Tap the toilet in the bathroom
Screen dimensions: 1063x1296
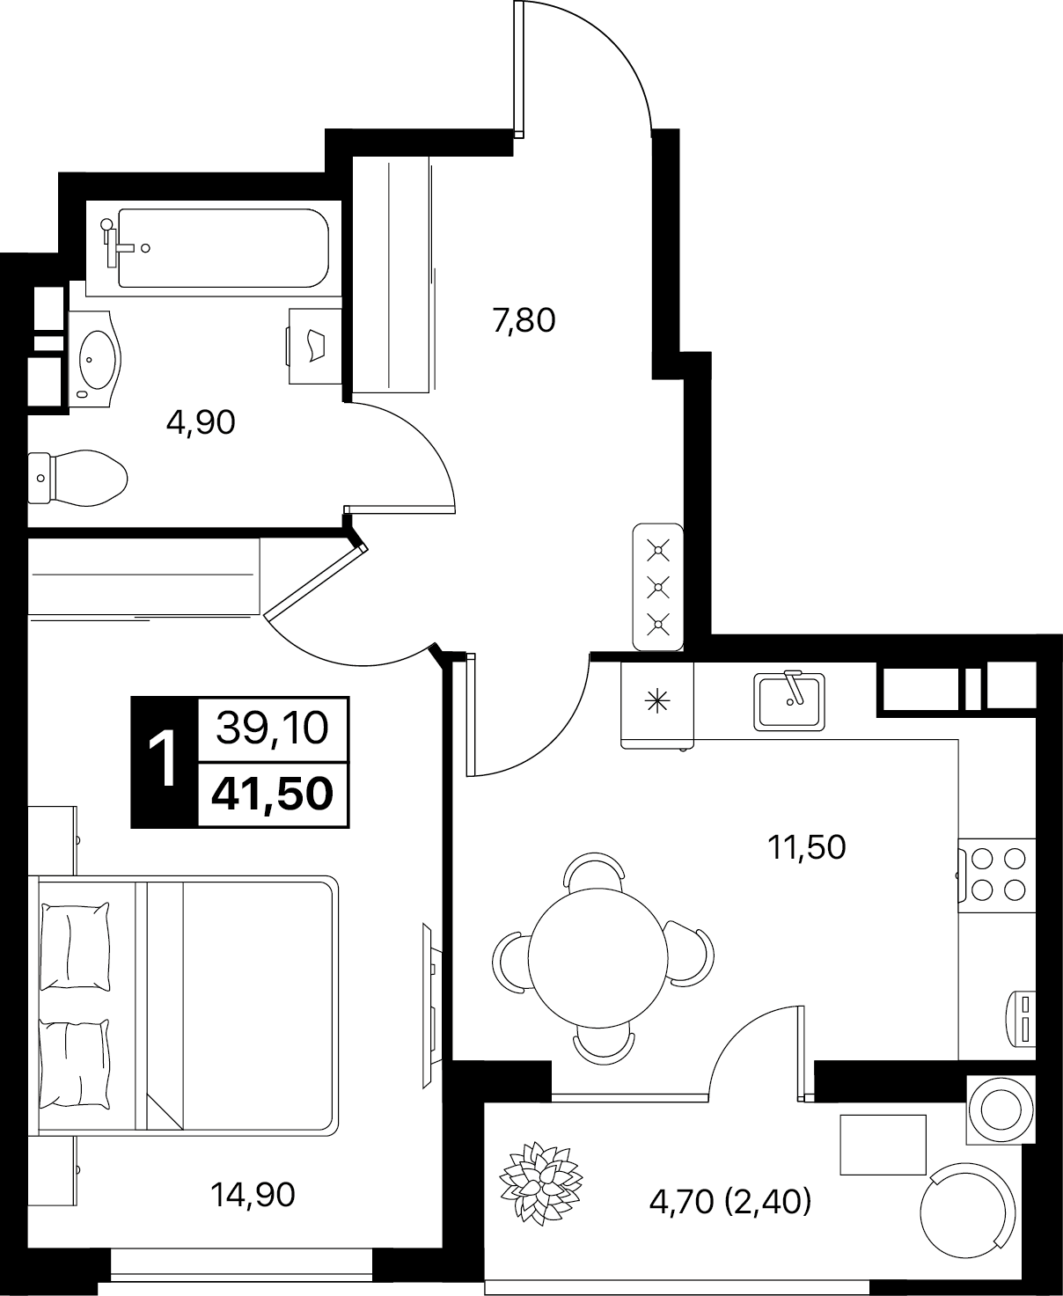click(77, 478)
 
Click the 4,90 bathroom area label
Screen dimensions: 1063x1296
click(201, 423)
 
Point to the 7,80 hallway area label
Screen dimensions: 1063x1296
click(524, 320)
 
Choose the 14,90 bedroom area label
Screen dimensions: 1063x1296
click(253, 1195)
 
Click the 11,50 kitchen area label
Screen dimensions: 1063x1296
click(807, 847)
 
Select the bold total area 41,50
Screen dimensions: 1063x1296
click(272, 794)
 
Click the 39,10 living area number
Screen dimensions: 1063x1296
click(272, 729)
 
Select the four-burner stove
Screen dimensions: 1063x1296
click(997, 875)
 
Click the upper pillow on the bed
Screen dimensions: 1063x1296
click(75, 947)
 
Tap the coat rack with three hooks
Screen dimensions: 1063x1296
click(658, 587)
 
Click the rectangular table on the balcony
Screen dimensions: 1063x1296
click(883, 1145)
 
